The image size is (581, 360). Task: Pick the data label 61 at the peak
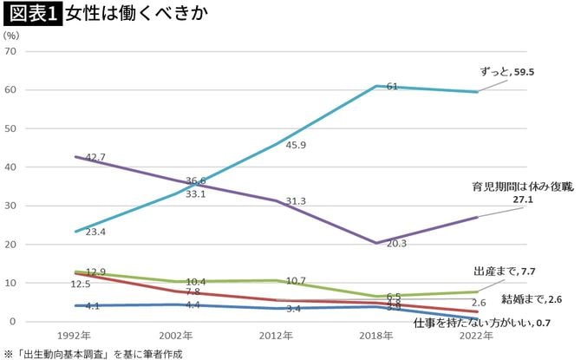coord(391,87)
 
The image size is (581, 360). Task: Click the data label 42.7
coord(92,157)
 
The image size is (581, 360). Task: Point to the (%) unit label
coord(11,36)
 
